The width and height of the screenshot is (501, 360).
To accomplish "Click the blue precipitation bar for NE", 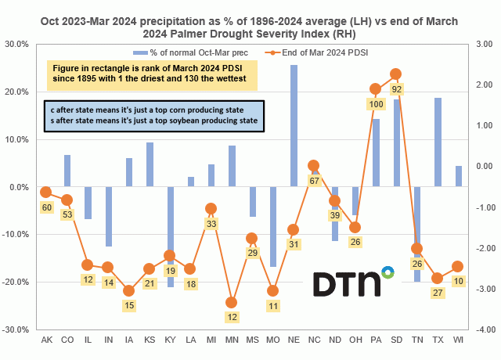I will pyautogui.click(x=294, y=126).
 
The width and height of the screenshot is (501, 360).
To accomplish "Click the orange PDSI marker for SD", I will pyautogui.click(x=395, y=74).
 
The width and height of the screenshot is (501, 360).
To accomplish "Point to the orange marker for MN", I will pyautogui.click(x=231, y=302).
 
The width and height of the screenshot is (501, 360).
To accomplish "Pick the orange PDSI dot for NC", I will pyautogui.click(x=313, y=166).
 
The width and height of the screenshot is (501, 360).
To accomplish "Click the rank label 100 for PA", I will pyautogui.click(x=376, y=104).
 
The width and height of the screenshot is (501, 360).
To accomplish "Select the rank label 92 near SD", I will pyautogui.click(x=396, y=89).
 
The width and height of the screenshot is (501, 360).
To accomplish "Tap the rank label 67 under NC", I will pyautogui.click(x=313, y=181).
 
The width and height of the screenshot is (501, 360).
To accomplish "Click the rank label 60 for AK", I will pyautogui.click(x=46, y=207).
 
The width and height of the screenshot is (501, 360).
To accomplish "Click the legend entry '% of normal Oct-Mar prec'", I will pyautogui.click(x=193, y=52).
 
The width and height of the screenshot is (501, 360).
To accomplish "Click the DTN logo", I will pyautogui.click(x=353, y=285).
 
